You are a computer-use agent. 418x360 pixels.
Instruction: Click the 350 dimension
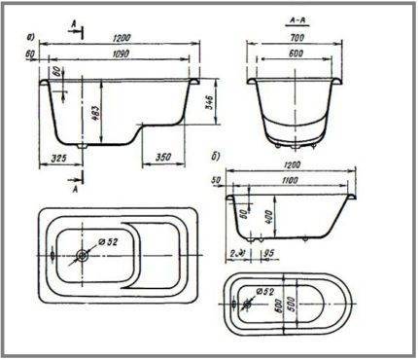(x=162, y=157)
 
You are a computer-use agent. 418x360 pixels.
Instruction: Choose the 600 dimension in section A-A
(x=298, y=53)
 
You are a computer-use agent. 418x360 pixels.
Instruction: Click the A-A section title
(x=298, y=18)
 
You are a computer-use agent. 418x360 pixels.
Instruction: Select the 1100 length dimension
(x=313, y=182)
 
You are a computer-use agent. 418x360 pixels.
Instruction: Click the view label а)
(x=34, y=39)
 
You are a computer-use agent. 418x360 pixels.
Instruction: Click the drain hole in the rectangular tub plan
(x=82, y=256)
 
